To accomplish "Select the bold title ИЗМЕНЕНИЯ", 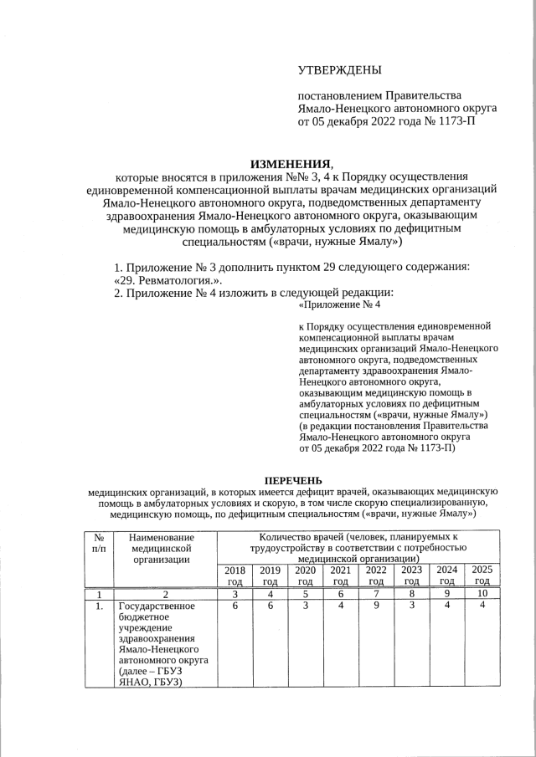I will click(291, 162).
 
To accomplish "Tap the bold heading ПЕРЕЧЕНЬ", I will click(293, 480).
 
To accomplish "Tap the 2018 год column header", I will click(234, 575).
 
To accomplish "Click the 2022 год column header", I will click(376, 575).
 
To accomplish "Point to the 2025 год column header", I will click(482, 575).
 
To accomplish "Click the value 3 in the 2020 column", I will click(306, 606).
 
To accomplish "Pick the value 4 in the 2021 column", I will click(341, 606).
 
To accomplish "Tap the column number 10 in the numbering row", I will click(482, 593).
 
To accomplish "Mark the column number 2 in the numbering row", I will click(165, 593).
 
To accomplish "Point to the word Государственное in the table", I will click(157, 606).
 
